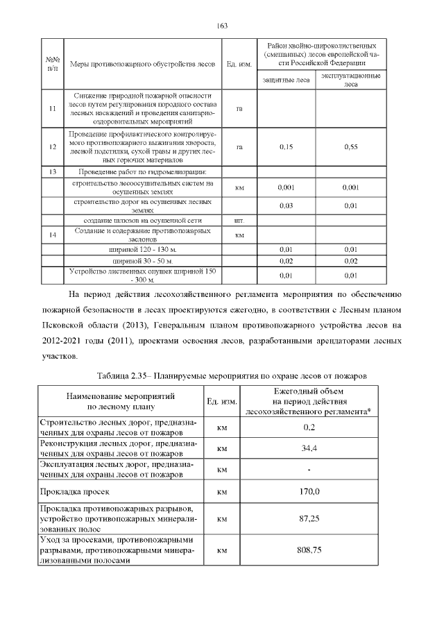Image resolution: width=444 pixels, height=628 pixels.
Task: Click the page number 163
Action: pos(222,26)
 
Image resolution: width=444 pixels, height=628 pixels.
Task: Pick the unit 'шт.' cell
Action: pos(239,220)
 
